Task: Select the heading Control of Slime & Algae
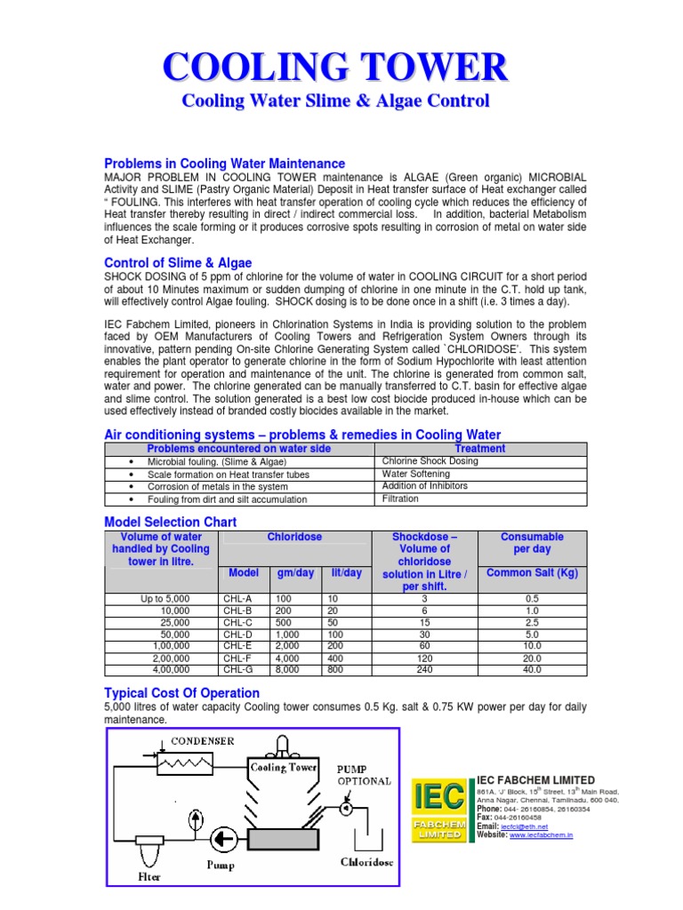(178, 263)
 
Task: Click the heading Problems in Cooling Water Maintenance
(224, 164)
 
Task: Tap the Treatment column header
(479, 449)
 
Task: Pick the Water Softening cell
(416, 474)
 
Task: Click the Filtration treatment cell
(400, 499)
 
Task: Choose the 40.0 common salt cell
(532, 669)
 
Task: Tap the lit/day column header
(346, 573)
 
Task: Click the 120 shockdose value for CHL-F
(423, 658)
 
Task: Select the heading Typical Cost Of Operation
(181, 692)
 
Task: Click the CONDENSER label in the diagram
(203, 740)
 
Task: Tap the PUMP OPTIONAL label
(362, 775)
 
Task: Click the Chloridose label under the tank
(367, 861)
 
